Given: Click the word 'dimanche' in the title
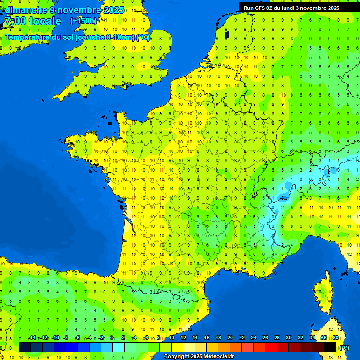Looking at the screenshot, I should [25, 10].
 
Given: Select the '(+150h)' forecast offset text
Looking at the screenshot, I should [83, 21].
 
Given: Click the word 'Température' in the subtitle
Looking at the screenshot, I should [29, 37].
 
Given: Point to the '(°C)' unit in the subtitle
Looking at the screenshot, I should [143, 37].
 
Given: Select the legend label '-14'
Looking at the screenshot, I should [32, 338].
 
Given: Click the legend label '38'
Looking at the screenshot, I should [335, 338].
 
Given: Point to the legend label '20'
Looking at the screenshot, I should [230, 338].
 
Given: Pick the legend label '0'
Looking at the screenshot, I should [112, 338].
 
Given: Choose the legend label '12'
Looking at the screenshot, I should [183, 338].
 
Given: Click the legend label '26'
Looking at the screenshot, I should [265, 338].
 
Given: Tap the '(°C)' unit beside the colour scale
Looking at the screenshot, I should [345, 347].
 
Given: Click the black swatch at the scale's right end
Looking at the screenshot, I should [330, 347].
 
